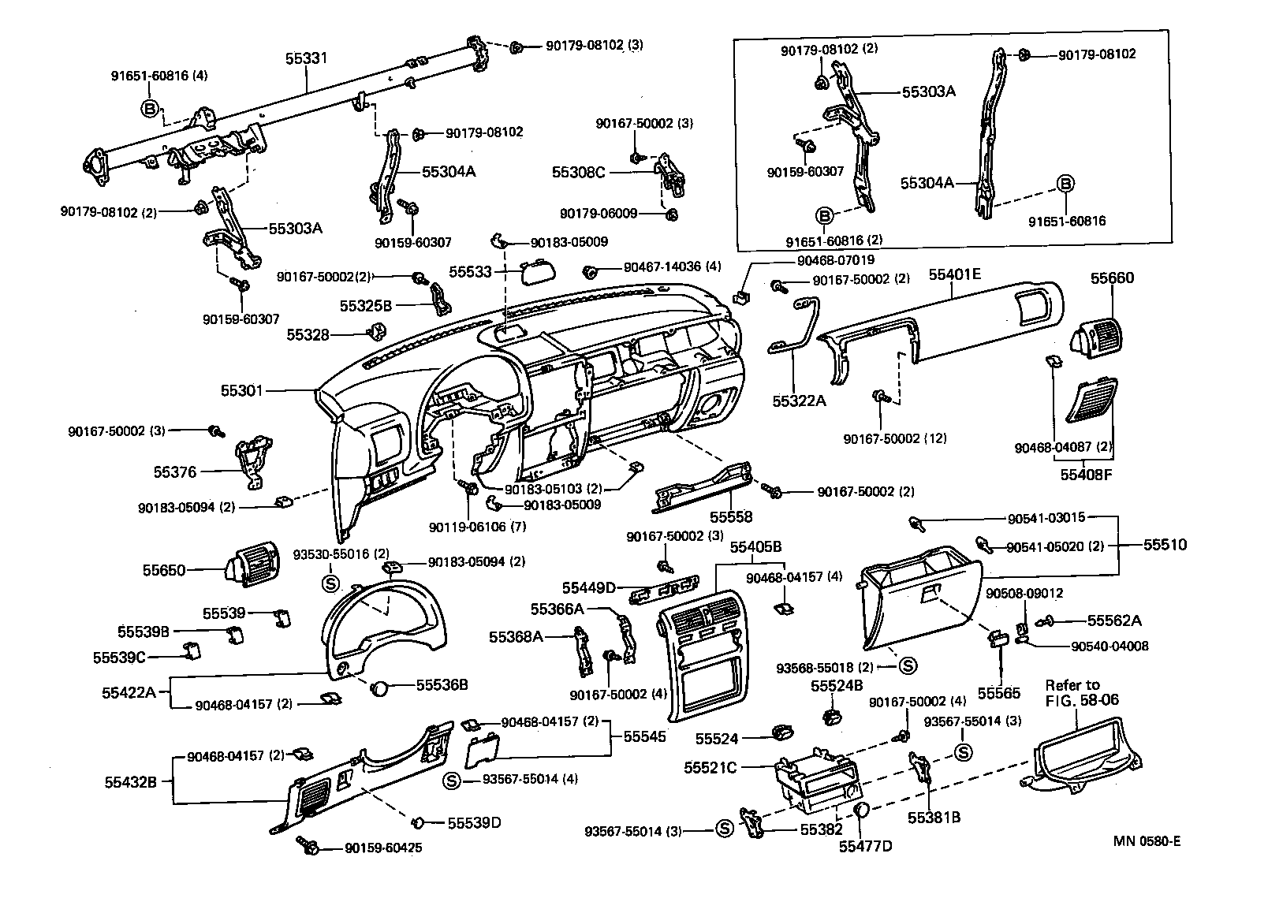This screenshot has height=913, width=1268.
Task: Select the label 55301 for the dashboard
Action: pos(242,390)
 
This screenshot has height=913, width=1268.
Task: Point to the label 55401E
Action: pos(954,274)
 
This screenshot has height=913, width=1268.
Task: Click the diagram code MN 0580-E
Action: pos(1147,840)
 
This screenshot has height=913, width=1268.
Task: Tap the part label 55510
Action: pos(1165,545)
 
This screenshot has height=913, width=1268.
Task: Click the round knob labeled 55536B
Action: pos(381,687)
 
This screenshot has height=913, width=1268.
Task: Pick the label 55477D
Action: pos(866,847)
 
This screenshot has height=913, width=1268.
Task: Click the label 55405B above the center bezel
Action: pos(755,546)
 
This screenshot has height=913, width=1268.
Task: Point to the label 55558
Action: pos(731,517)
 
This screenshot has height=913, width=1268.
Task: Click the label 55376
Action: pos(175,472)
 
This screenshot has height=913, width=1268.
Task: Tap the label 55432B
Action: pos(131,782)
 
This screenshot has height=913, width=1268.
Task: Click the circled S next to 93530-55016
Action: pos(331,583)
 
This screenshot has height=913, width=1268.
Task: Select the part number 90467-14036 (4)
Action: pos(672,267)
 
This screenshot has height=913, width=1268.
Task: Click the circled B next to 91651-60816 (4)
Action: pos(151,109)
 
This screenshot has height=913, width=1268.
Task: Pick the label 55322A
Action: pos(799,401)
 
